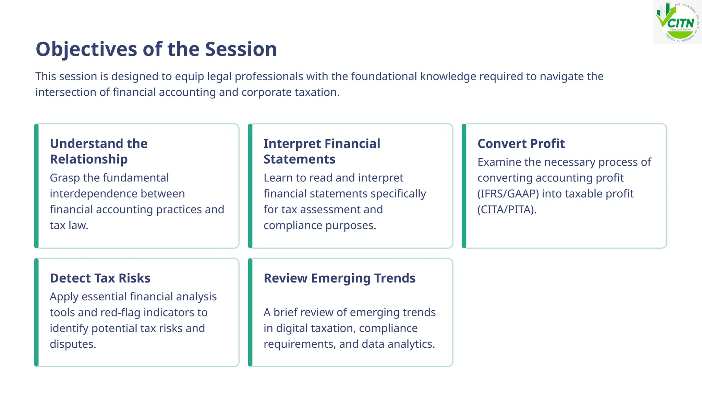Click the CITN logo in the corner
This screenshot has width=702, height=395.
click(677, 22)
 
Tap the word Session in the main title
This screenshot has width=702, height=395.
click(241, 49)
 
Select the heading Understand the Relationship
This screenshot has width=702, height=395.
click(99, 151)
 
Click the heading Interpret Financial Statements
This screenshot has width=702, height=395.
click(322, 151)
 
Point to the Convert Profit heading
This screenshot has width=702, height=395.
click(521, 144)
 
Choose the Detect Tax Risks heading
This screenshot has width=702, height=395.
click(100, 278)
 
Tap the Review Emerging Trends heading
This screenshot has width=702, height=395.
click(339, 278)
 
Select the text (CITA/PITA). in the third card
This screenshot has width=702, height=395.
click(507, 210)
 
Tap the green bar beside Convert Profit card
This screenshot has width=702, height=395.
click(464, 186)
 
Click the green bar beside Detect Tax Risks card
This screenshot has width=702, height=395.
click(36, 312)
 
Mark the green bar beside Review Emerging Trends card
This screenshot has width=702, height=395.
click(250, 312)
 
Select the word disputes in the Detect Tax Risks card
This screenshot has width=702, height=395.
click(72, 344)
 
